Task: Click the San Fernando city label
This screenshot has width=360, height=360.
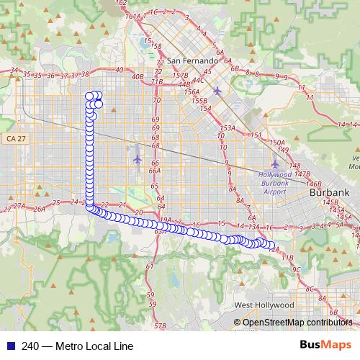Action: pos(189,60)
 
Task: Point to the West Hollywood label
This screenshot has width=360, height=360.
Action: pos(264,305)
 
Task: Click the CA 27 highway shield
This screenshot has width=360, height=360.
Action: pos(14,138)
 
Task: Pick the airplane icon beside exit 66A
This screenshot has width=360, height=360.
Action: pos(138,159)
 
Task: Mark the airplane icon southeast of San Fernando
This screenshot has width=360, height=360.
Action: pos(217,91)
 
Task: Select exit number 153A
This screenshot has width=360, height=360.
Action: pos(228,128)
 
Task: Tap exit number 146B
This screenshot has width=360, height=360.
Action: pos(313,184)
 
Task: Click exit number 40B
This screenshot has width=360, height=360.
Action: pos(138,76)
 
